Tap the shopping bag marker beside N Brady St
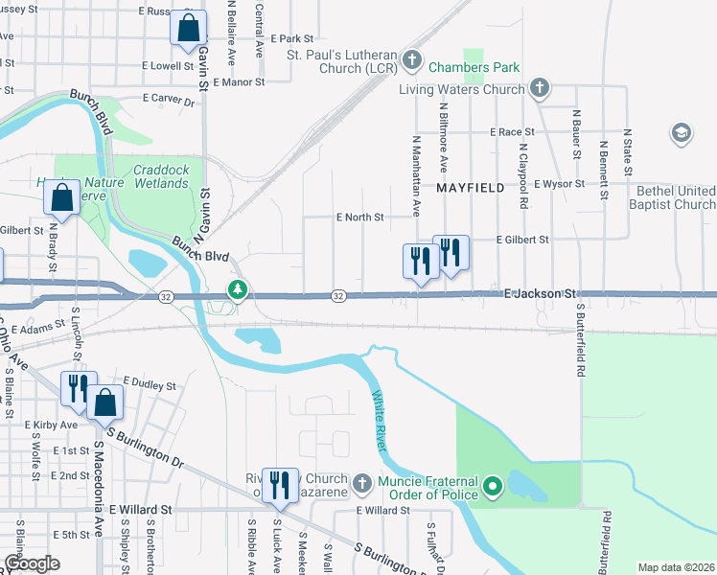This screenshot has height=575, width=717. tap(61, 197)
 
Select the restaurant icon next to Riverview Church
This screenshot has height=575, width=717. tap(280, 486)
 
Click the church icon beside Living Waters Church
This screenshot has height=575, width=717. tap(540, 89)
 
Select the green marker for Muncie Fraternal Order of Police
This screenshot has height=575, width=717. tap(494, 488)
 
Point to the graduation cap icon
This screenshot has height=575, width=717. tap(682, 132)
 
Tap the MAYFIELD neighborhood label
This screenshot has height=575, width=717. tap(471, 189)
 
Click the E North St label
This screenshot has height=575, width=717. tap(359, 218)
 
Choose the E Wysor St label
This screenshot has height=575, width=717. tap(561, 183)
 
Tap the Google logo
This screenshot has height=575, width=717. tap(32, 563)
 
